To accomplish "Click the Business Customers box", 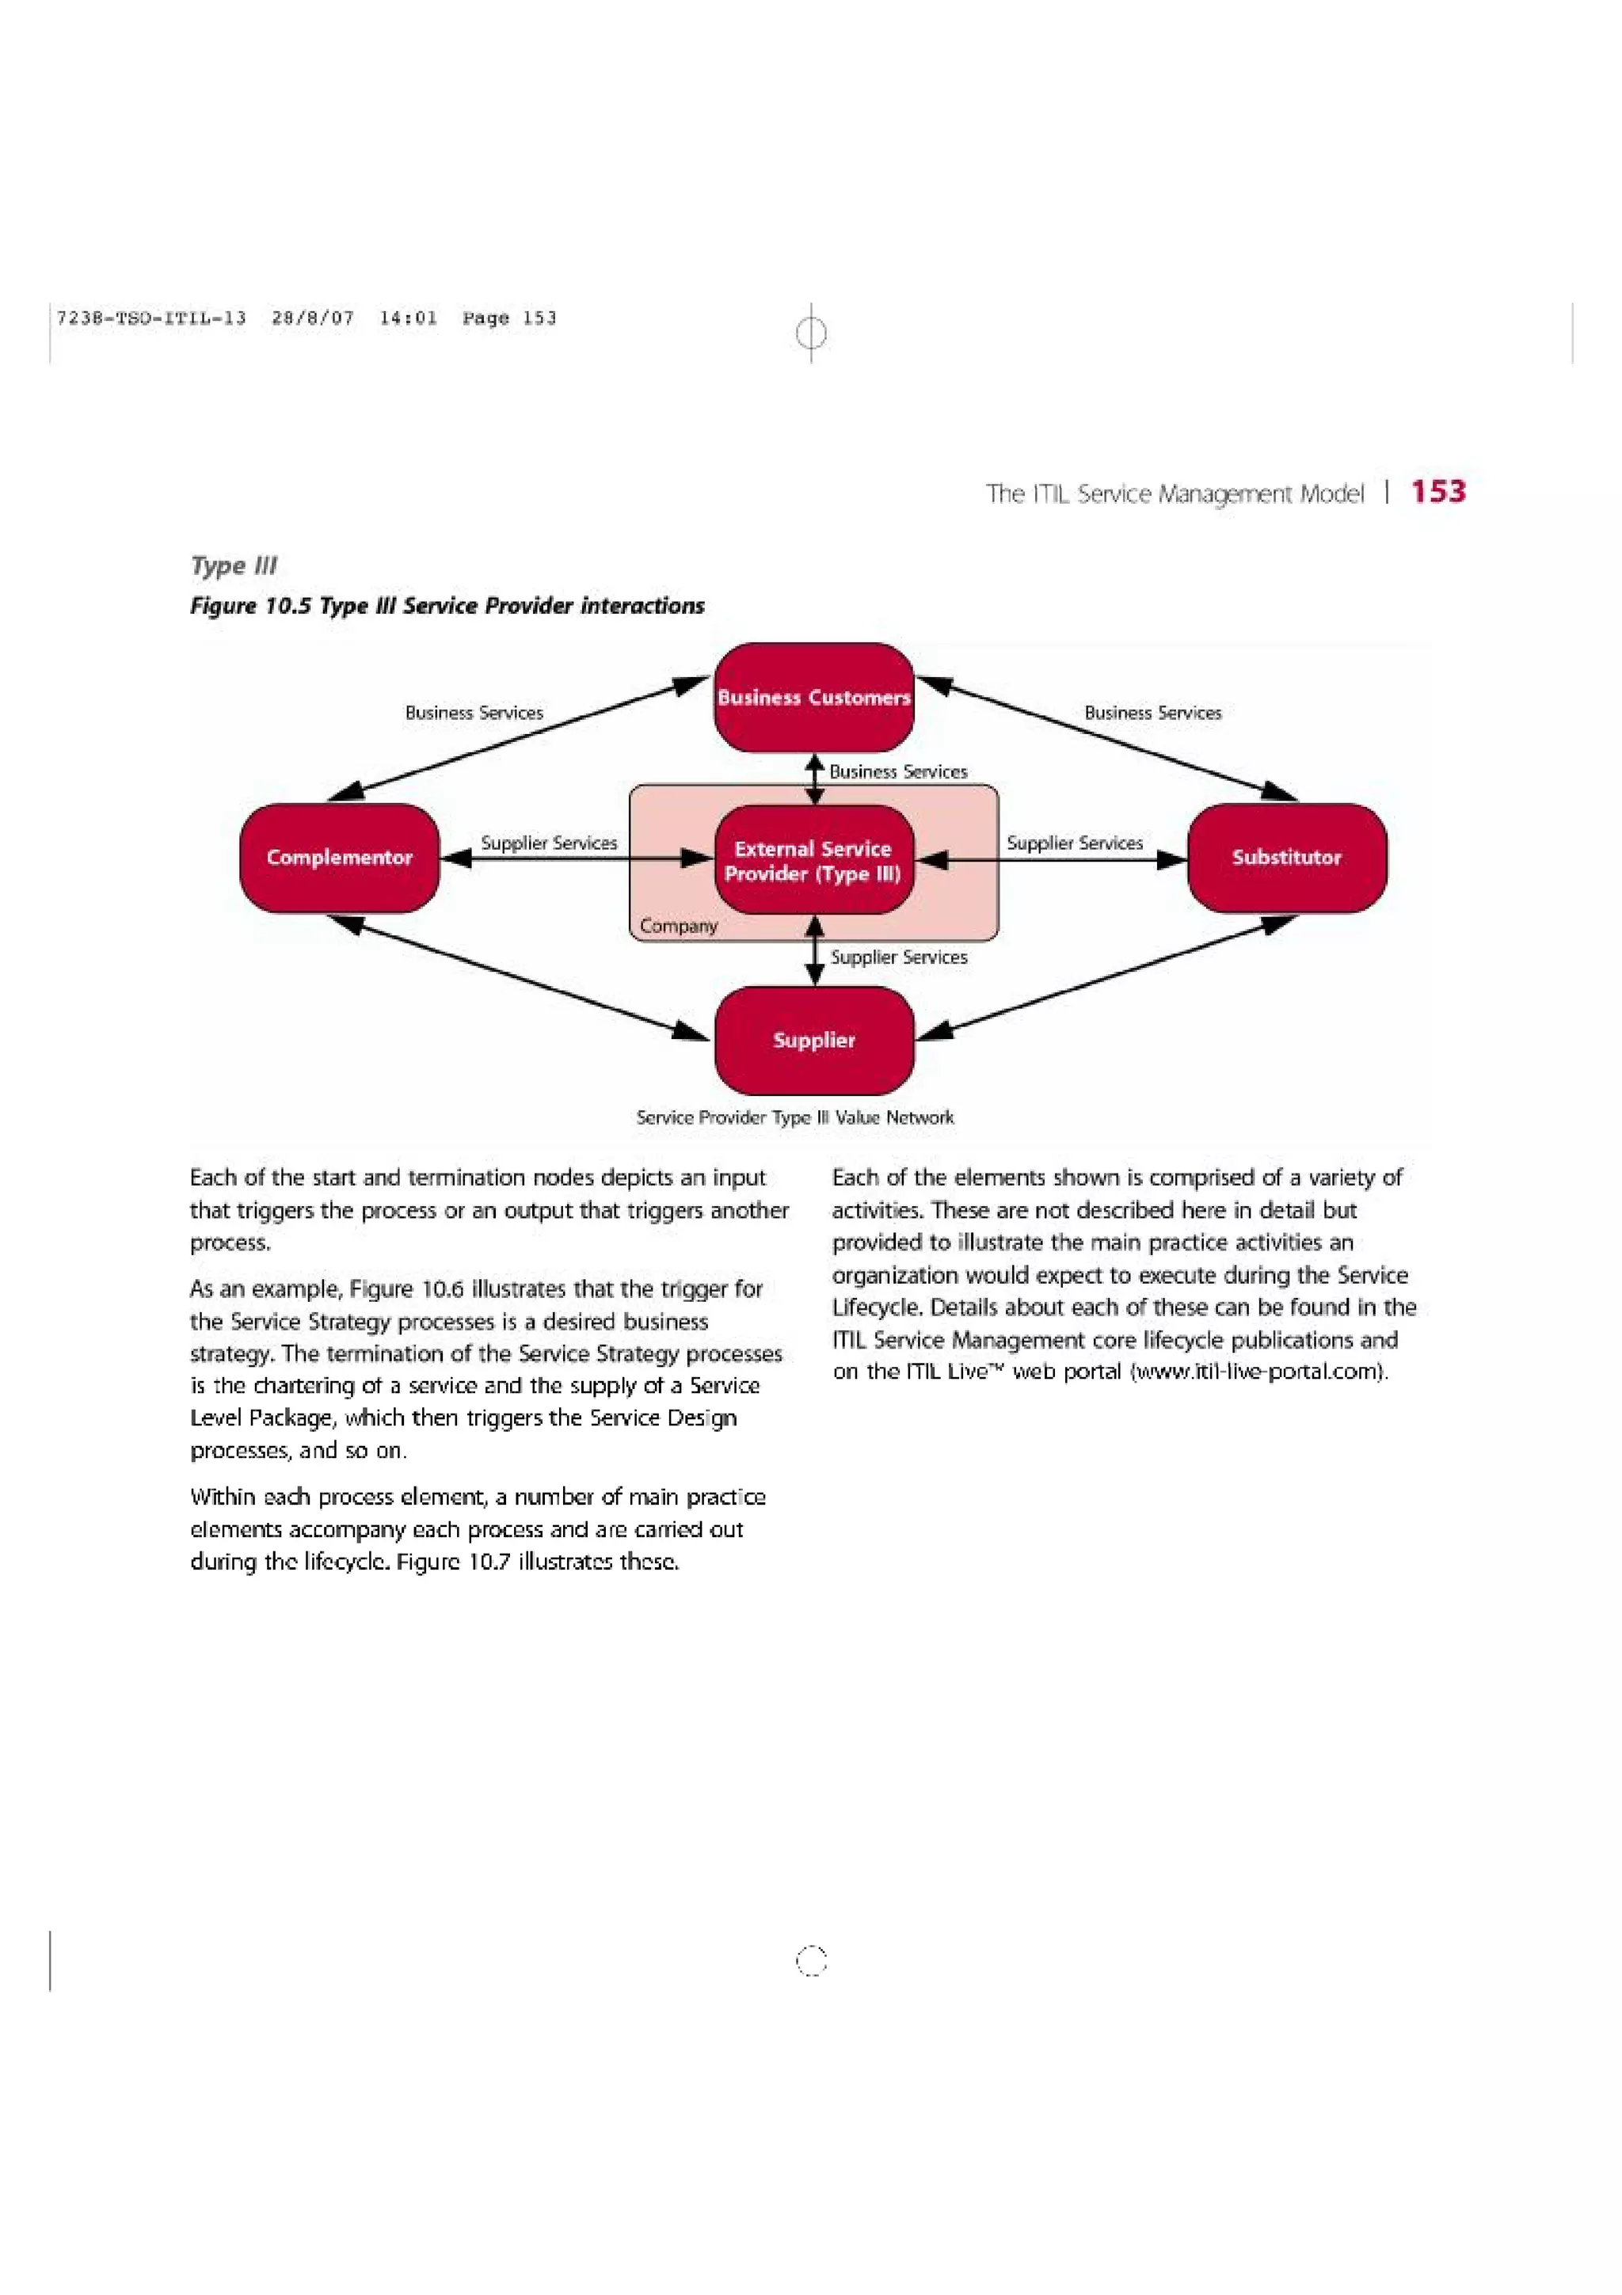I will (x=813, y=698).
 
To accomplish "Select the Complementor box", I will (x=339, y=858).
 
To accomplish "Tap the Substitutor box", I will (x=1286, y=858).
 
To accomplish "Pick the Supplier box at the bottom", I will (x=813, y=1041).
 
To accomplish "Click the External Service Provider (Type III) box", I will (x=813, y=861).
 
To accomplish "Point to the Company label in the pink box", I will (x=679, y=927).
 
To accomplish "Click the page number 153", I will (x=1438, y=492).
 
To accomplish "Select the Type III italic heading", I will (x=233, y=565).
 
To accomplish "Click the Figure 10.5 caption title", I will (x=447, y=606).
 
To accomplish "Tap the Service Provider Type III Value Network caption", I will (x=794, y=1117).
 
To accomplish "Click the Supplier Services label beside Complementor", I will (x=549, y=843).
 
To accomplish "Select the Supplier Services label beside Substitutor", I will (x=1075, y=843).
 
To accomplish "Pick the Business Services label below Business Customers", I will (x=897, y=771).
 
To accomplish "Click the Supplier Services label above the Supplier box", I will (x=898, y=957).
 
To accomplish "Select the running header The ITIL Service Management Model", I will (x=1175, y=494).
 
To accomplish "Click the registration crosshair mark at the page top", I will (x=812, y=332).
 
